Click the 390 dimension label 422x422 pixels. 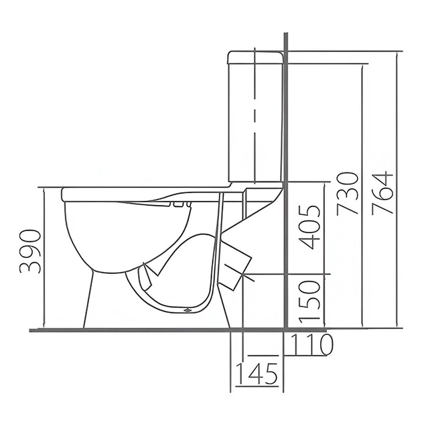click(30, 251)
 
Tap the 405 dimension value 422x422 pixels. click(310, 228)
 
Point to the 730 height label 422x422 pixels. click(348, 194)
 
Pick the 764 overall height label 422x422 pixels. click(382, 193)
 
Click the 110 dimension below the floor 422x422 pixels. click(311, 344)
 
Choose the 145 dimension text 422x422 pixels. click(257, 374)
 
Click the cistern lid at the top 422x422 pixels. click(255, 58)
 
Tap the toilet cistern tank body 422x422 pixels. click(255, 123)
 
